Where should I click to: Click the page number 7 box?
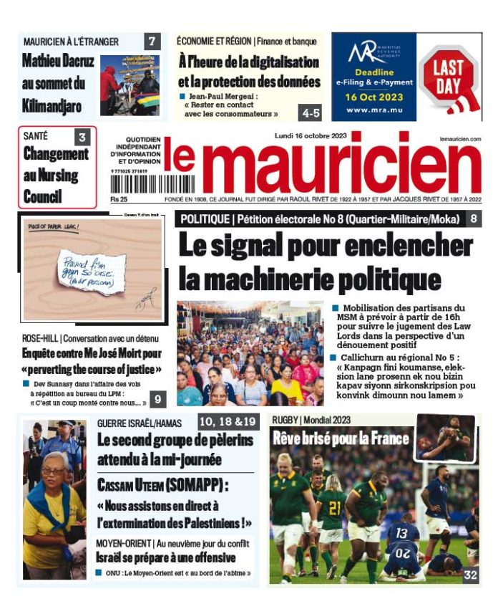tap(152, 42)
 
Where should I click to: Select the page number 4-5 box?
tap(311, 112)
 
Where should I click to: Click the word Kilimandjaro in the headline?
tap(52, 107)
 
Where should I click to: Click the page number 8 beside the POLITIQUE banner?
tap(474, 219)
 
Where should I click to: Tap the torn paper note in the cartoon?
tap(91, 271)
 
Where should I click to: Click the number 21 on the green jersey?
tap(334, 507)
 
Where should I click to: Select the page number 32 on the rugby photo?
tap(470, 575)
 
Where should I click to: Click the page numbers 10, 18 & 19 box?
tap(228, 421)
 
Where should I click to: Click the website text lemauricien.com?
tap(461, 138)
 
